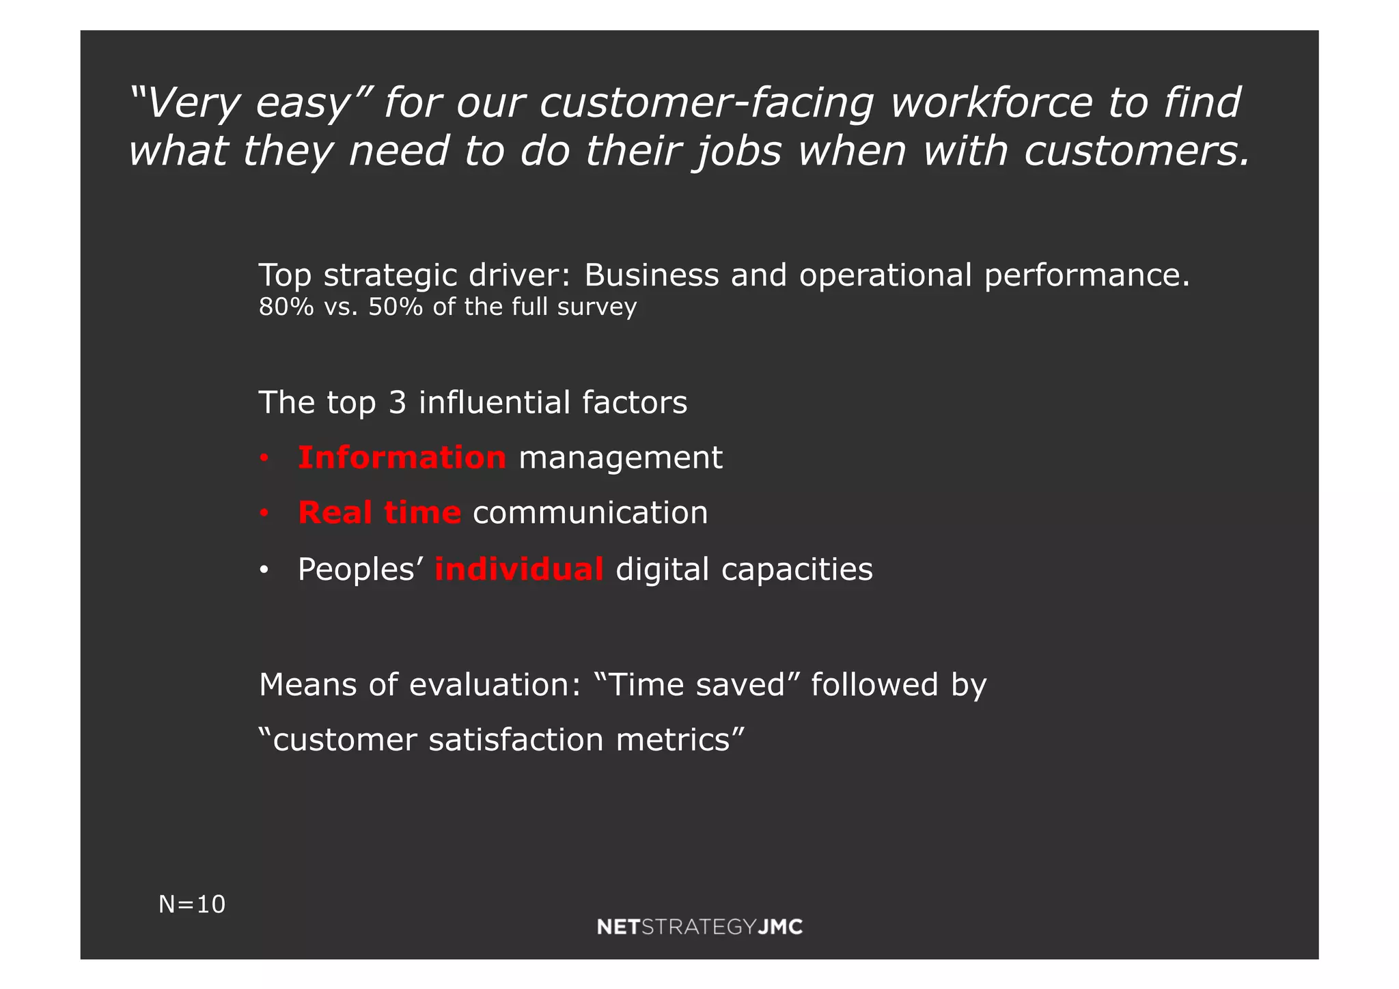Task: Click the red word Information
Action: click(402, 458)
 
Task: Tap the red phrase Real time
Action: click(379, 513)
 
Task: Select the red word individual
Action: click(519, 570)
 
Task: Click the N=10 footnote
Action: click(192, 904)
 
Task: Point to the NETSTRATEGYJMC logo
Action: click(699, 927)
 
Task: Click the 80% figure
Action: click(286, 307)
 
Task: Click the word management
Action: click(620, 458)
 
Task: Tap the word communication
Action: click(590, 513)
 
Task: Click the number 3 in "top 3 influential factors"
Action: click(398, 403)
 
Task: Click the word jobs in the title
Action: click(738, 151)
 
